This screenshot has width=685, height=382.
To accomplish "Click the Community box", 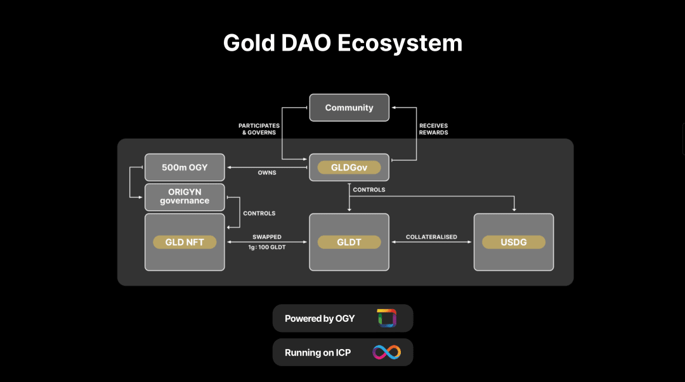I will [349, 108].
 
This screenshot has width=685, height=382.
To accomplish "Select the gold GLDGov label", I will [349, 168].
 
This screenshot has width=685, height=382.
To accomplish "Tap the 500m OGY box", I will [185, 168].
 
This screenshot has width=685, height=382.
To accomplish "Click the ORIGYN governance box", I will [185, 197].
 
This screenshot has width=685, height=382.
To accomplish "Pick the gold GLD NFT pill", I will [185, 242].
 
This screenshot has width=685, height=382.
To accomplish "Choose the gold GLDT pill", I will [349, 242].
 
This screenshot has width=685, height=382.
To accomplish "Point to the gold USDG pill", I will [514, 242].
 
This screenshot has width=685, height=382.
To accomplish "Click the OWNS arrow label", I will [267, 172].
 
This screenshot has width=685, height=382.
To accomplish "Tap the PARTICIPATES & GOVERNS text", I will [259, 129].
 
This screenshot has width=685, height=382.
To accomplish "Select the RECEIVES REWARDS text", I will [434, 129].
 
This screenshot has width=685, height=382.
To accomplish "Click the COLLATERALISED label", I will [431, 237].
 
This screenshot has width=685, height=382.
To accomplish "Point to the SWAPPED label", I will [266, 237].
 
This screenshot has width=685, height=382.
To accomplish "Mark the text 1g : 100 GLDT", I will [266, 247].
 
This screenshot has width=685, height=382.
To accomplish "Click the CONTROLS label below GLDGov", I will [369, 190].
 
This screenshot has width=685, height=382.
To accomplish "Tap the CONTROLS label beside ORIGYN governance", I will [259, 213].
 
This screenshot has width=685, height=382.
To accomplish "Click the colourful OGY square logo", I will [386, 318].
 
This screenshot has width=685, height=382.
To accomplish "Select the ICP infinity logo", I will [386, 352].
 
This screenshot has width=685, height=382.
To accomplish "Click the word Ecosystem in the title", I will [400, 43].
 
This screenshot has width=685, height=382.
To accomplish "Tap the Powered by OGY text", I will [320, 319].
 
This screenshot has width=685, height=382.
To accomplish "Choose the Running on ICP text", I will [318, 353].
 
